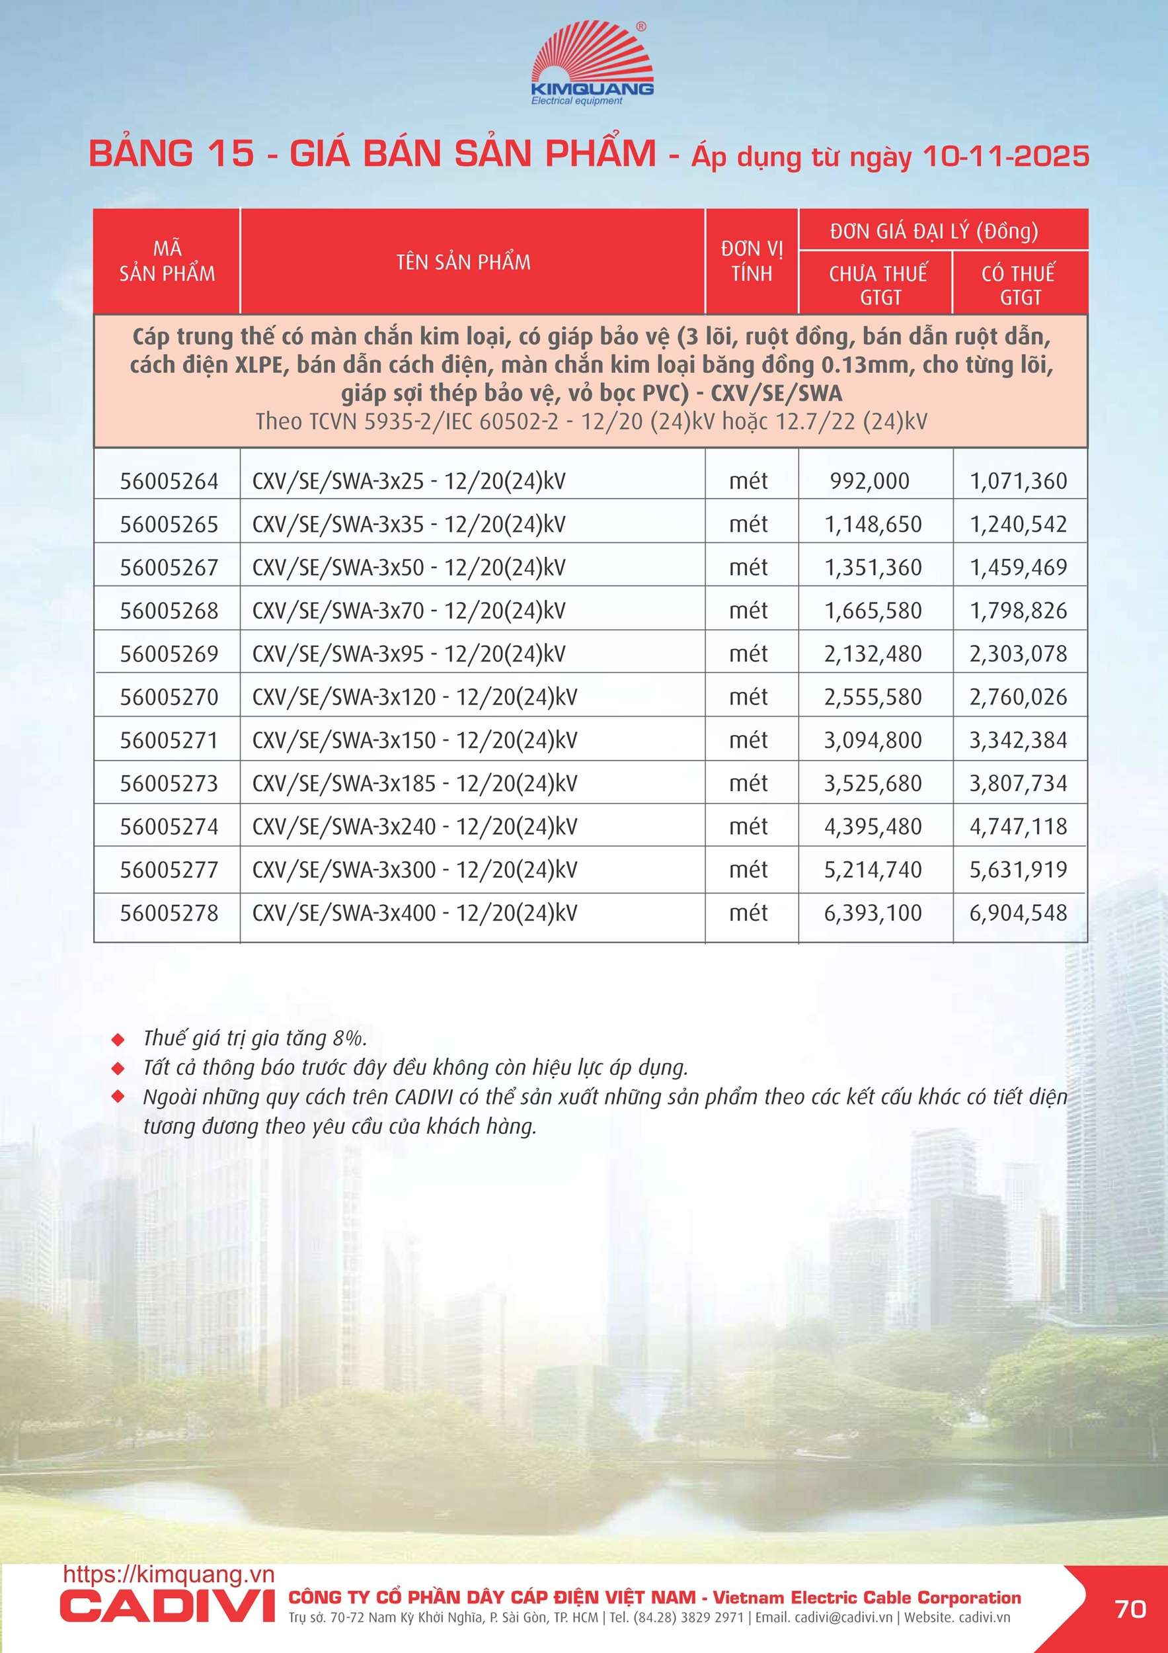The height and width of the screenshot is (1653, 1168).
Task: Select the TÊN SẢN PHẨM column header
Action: point(463,262)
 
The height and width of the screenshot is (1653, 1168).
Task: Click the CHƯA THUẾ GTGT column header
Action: point(877,284)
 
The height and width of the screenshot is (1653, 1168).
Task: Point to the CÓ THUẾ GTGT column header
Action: point(1019,284)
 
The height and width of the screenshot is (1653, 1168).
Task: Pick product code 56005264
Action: point(169,481)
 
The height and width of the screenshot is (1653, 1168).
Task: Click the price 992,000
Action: point(869,481)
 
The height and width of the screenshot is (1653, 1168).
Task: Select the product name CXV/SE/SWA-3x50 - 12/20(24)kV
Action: point(408,568)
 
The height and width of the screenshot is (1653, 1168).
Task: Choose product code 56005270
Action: point(169,697)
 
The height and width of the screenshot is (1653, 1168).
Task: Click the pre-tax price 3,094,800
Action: point(873,740)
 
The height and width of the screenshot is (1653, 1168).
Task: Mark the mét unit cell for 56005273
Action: point(748,783)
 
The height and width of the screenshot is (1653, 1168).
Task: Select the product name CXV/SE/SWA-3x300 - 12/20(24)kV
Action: point(414,870)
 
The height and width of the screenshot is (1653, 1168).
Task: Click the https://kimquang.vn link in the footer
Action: point(169,1574)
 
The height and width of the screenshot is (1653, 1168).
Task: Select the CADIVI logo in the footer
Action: point(167,1607)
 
